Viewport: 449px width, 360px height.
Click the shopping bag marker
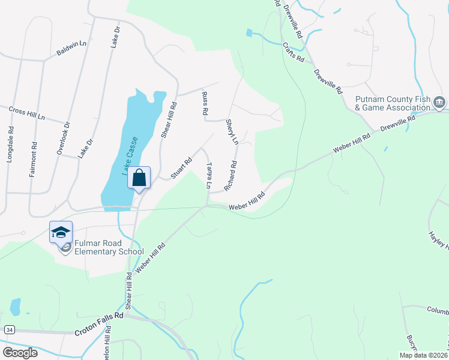click(x=139, y=178)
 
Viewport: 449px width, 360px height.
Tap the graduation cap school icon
click(x=61, y=232)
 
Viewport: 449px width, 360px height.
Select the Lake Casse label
click(x=133, y=155)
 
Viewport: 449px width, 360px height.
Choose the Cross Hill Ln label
click(x=27, y=112)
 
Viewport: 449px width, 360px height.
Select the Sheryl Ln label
click(x=232, y=131)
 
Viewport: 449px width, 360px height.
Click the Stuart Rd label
click(x=181, y=168)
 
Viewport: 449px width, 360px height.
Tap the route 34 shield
click(x=8, y=330)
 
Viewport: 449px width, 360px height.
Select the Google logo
click(x=20, y=352)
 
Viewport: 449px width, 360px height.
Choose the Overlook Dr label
click(x=63, y=139)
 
